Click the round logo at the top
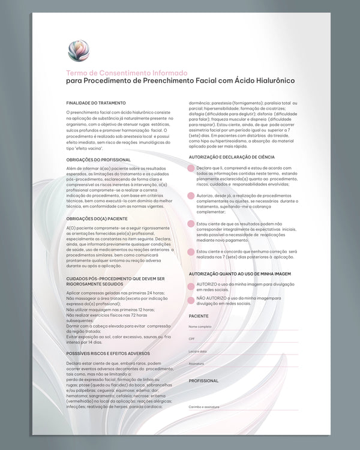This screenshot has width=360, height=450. (79, 51)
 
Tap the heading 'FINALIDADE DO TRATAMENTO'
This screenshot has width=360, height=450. (96, 103)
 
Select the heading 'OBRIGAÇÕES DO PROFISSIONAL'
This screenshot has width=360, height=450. (98, 160)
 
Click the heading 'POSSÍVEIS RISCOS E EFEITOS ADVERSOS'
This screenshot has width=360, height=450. (108, 353)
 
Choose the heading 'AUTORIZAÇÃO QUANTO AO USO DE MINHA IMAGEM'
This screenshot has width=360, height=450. (240, 274)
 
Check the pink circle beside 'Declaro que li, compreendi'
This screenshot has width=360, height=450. (191, 169)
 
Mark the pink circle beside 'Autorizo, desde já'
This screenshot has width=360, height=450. (191, 196)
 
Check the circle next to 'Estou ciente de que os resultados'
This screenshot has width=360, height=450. (191, 224)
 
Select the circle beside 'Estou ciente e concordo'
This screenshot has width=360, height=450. (191, 252)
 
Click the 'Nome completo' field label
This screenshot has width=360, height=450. (200, 326)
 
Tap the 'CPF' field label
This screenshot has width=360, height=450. (191, 339)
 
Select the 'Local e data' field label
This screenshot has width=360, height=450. (197, 351)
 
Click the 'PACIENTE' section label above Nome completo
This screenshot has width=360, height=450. (199, 316)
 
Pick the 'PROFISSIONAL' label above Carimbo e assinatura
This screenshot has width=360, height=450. (203, 381)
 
